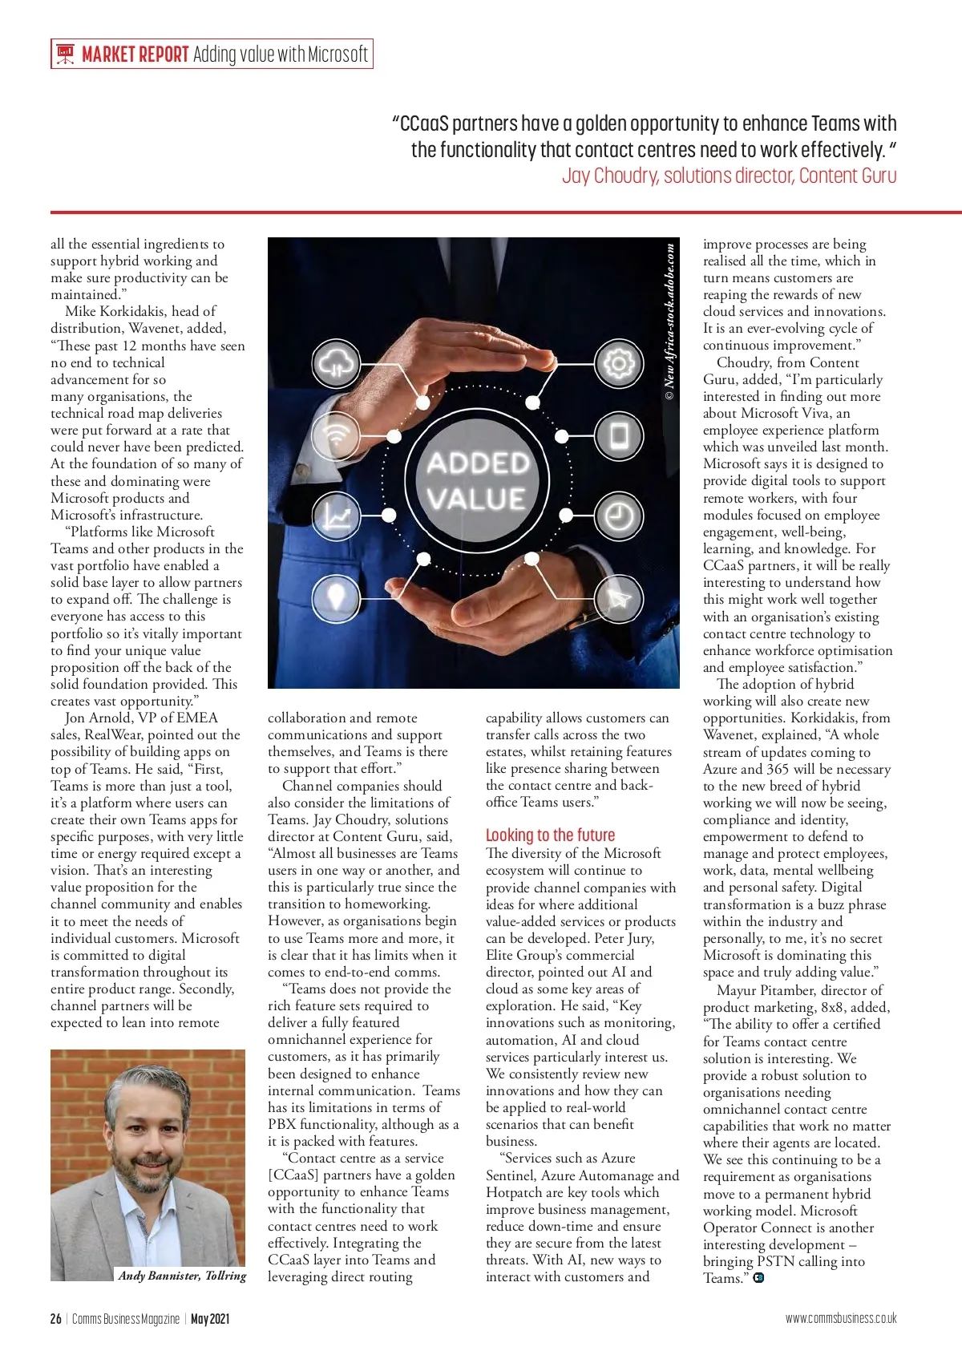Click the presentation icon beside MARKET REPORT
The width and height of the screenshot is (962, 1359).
click(65, 54)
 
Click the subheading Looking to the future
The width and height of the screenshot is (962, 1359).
click(550, 835)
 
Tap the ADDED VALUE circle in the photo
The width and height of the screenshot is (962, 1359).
click(477, 481)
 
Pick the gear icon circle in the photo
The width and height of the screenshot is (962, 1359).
click(618, 364)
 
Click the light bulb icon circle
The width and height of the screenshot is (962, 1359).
click(336, 597)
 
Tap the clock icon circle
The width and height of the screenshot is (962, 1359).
click(618, 516)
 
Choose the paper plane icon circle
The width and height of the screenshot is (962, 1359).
click(618, 597)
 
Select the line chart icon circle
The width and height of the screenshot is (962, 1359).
click(336, 516)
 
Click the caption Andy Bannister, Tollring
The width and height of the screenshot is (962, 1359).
click(182, 1276)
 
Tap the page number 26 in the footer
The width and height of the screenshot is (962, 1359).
click(55, 1319)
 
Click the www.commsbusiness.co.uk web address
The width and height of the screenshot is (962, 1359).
click(840, 1319)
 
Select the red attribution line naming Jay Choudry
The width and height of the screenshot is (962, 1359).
click(729, 176)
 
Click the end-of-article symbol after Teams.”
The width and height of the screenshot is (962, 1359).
click(758, 1278)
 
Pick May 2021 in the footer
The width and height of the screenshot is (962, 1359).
click(210, 1319)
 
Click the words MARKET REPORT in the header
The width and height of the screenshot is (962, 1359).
click(135, 55)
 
